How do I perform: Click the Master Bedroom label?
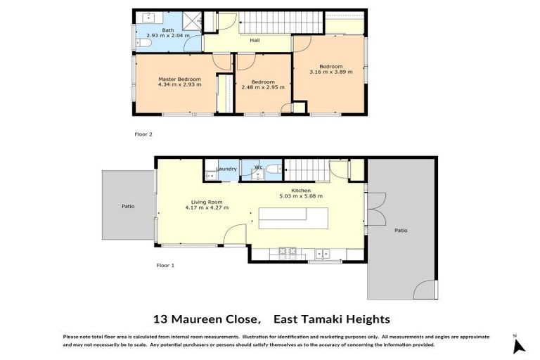pos(179,79)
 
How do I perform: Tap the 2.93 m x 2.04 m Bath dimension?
pos(168,35)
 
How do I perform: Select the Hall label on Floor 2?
pos(255,40)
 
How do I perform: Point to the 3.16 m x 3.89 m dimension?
pos(330,71)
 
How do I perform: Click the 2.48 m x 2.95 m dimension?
pos(262,88)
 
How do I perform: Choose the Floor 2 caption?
pos(143,134)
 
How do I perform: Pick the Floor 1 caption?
pos(164,265)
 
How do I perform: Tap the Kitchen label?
pos(302,190)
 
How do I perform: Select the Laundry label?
pos(226,169)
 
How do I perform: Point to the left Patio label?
pos(127,206)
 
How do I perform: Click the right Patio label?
pos(400,230)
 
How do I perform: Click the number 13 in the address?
pos(160,319)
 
